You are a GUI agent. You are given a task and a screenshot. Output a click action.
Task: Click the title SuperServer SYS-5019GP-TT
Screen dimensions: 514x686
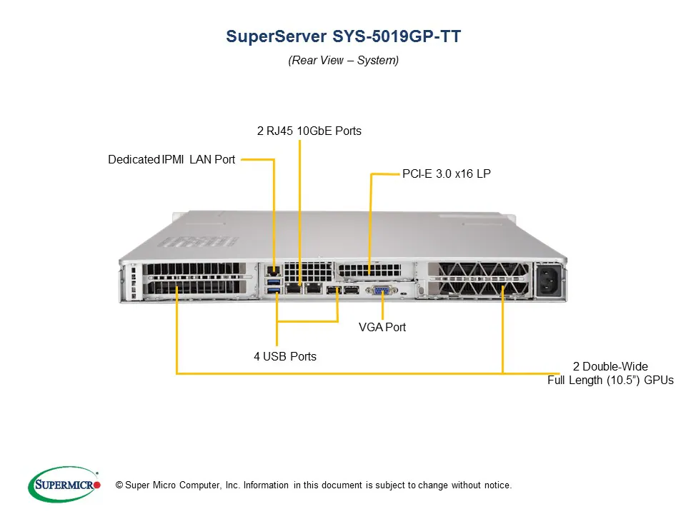pyautogui.click(x=343, y=36)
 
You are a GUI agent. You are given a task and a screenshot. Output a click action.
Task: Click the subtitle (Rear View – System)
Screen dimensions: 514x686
pyautogui.click(x=343, y=60)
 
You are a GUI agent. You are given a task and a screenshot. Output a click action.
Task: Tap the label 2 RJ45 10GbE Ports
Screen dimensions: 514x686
pyautogui.click(x=309, y=131)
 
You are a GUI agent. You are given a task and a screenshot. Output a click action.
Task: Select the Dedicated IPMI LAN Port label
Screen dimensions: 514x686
pyautogui.click(x=171, y=159)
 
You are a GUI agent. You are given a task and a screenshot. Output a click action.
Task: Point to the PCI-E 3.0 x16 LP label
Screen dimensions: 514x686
pyautogui.click(x=446, y=173)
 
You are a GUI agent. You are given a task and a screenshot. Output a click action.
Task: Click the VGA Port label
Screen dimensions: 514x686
pyautogui.click(x=382, y=327)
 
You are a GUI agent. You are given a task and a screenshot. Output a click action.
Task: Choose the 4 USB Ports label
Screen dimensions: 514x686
pyautogui.click(x=284, y=356)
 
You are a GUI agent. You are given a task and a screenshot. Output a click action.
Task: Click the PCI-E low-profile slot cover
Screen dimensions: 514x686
pyautogui.click(x=369, y=271)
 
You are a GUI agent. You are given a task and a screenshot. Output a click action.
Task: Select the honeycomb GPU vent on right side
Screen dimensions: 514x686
pyautogui.click(x=477, y=278)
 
